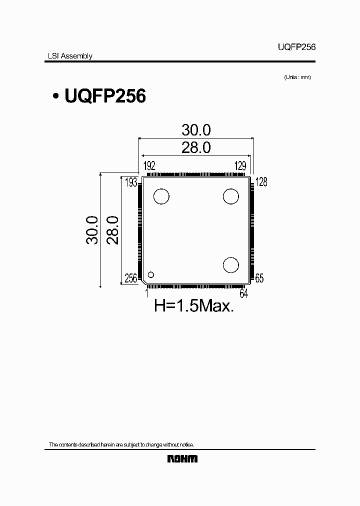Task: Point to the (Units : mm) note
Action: pos(297,77)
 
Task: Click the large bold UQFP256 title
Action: pos(105,96)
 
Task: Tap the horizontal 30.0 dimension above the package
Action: pos(196,130)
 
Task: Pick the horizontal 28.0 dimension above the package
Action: pos(196,147)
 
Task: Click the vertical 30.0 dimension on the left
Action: pos(91,230)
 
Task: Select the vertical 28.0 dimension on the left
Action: pos(113,230)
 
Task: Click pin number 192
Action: pos(149,166)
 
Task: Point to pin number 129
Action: pos(241,166)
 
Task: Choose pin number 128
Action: pos(261,182)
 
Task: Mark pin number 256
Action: pos(130,278)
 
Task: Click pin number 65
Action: pos(259,278)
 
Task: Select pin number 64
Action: pos(244,293)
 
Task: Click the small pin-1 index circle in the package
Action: pos(150,274)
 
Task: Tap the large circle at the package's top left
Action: pos(161,196)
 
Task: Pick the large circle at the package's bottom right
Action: pos(231,265)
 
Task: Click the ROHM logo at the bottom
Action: pos(182,458)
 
